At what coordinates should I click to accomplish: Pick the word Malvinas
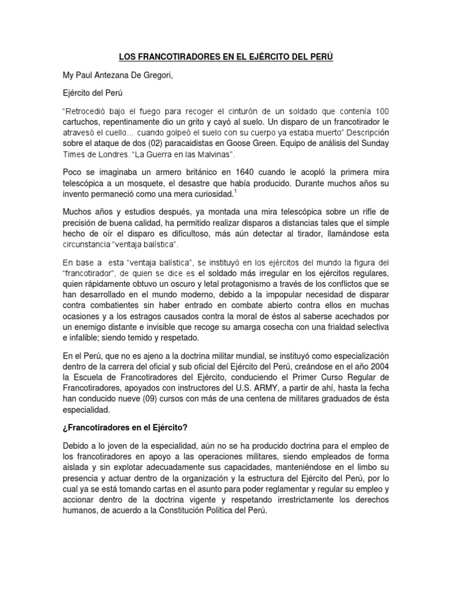tap(212, 155)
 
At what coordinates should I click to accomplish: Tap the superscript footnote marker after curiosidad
tap(235, 190)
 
